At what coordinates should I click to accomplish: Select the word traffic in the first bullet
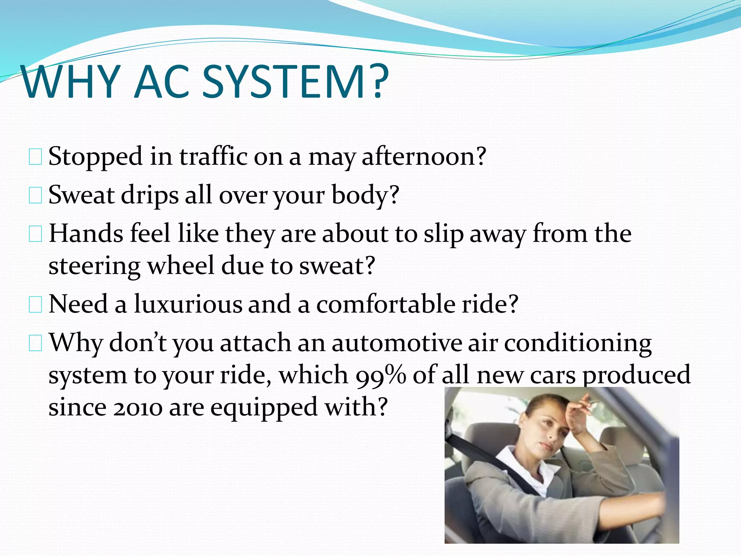click(213, 156)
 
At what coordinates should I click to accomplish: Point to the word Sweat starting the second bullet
click(81, 195)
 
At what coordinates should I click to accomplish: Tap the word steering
click(94, 266)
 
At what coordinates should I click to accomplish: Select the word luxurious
click(188, 304)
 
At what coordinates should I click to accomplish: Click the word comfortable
click(385, 304)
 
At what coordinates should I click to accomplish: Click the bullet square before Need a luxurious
click(35, 304)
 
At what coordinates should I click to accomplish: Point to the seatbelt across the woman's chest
click(507, 474)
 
